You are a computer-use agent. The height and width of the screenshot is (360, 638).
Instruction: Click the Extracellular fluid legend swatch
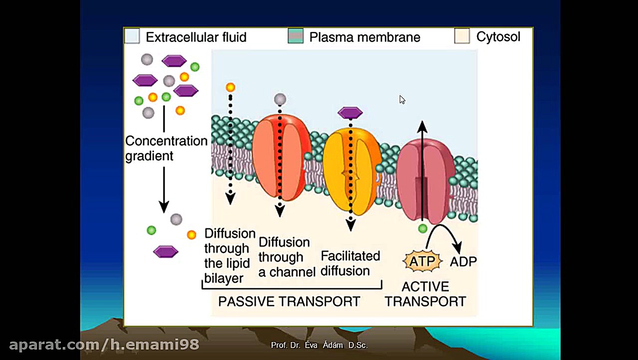point(132,36)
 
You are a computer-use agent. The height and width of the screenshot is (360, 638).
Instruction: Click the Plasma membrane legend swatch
point(296,36)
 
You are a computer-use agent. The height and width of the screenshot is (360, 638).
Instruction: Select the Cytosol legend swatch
point(462,36)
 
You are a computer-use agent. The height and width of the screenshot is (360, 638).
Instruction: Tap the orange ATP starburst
point(422,261)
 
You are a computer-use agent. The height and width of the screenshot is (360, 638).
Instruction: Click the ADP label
point(463,261)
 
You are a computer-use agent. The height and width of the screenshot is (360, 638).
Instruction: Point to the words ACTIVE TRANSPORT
point(425,294)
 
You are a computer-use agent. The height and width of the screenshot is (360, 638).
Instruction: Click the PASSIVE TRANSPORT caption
point(289,302)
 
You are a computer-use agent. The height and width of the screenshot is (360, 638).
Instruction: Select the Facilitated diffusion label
point(350,263)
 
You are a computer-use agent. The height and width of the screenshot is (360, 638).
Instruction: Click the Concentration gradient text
point(166,148)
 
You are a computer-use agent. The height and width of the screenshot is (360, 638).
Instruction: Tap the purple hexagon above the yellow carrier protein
point(350,113)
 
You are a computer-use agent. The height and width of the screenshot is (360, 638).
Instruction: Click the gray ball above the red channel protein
point(280,99)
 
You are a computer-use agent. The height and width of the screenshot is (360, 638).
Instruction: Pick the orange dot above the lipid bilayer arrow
point(230,88)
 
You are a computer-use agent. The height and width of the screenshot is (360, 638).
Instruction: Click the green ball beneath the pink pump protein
point(423,228)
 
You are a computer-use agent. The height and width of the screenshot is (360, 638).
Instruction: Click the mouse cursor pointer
point(402,100)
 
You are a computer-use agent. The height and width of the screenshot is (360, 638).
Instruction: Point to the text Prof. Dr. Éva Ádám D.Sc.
point(319,345)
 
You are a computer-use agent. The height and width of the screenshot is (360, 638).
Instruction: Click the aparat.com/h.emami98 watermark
point(104,345)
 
